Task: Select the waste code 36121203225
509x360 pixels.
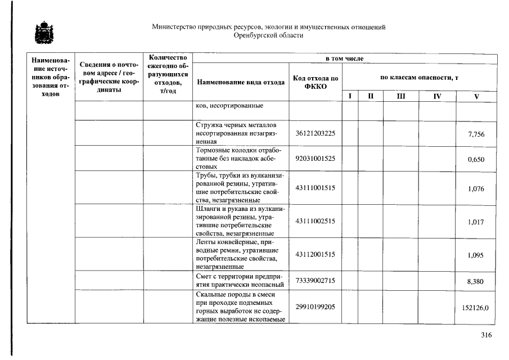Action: [x=315, y=133]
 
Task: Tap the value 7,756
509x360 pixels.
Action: [x=476, y=134]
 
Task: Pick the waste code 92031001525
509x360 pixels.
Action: [x=315, y=159]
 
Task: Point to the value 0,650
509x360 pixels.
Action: [x=476, y=160]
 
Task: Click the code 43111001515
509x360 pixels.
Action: [x=315, y=188]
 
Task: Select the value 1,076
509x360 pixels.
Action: [x=476, y=188]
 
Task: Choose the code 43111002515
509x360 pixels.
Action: [x=315, y=221]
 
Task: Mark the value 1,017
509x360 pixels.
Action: [x=476, y=222]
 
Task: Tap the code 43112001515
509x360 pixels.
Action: [x=315, y=254]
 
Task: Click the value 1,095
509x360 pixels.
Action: [x=476, y=255]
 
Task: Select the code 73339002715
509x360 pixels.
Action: [x=315, y=280]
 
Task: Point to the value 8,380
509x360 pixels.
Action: [x=476, y=281]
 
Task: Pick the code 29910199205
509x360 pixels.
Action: [x=315, y=307]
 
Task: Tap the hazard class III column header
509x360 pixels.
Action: [x=400, y=97]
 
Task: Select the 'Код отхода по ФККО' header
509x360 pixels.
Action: [x=316, y=82]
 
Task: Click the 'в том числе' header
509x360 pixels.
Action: [x=345, y=58]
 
